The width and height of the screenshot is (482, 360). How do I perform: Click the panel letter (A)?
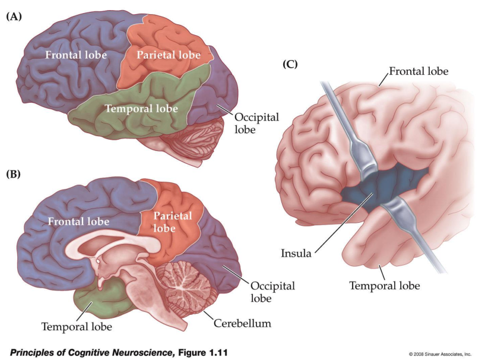click(14, 17)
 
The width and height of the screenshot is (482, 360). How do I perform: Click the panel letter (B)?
click(14, 174)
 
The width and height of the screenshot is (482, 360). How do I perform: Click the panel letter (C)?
click(290, 64)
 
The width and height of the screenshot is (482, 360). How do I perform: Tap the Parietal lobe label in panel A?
click(169, 55)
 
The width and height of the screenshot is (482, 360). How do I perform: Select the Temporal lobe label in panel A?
click(141, 109)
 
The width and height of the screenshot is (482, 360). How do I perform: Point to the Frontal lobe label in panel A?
click(76, 55)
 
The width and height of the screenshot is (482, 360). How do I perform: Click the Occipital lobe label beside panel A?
click(256, 123)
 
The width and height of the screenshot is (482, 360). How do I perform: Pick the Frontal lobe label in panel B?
click(78, 222)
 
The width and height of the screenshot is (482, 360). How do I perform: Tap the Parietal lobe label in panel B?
click(173, 222)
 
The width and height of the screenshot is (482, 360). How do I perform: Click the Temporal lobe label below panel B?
click(77, 327)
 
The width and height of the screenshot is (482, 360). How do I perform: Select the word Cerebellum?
click(243, 323)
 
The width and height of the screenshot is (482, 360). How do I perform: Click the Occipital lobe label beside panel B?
click(272, 292)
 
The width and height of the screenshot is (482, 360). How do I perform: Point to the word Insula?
click(296, 253)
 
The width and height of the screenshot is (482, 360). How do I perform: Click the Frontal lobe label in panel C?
click(418, 71)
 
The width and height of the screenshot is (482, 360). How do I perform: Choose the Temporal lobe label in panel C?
click(385, 286)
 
